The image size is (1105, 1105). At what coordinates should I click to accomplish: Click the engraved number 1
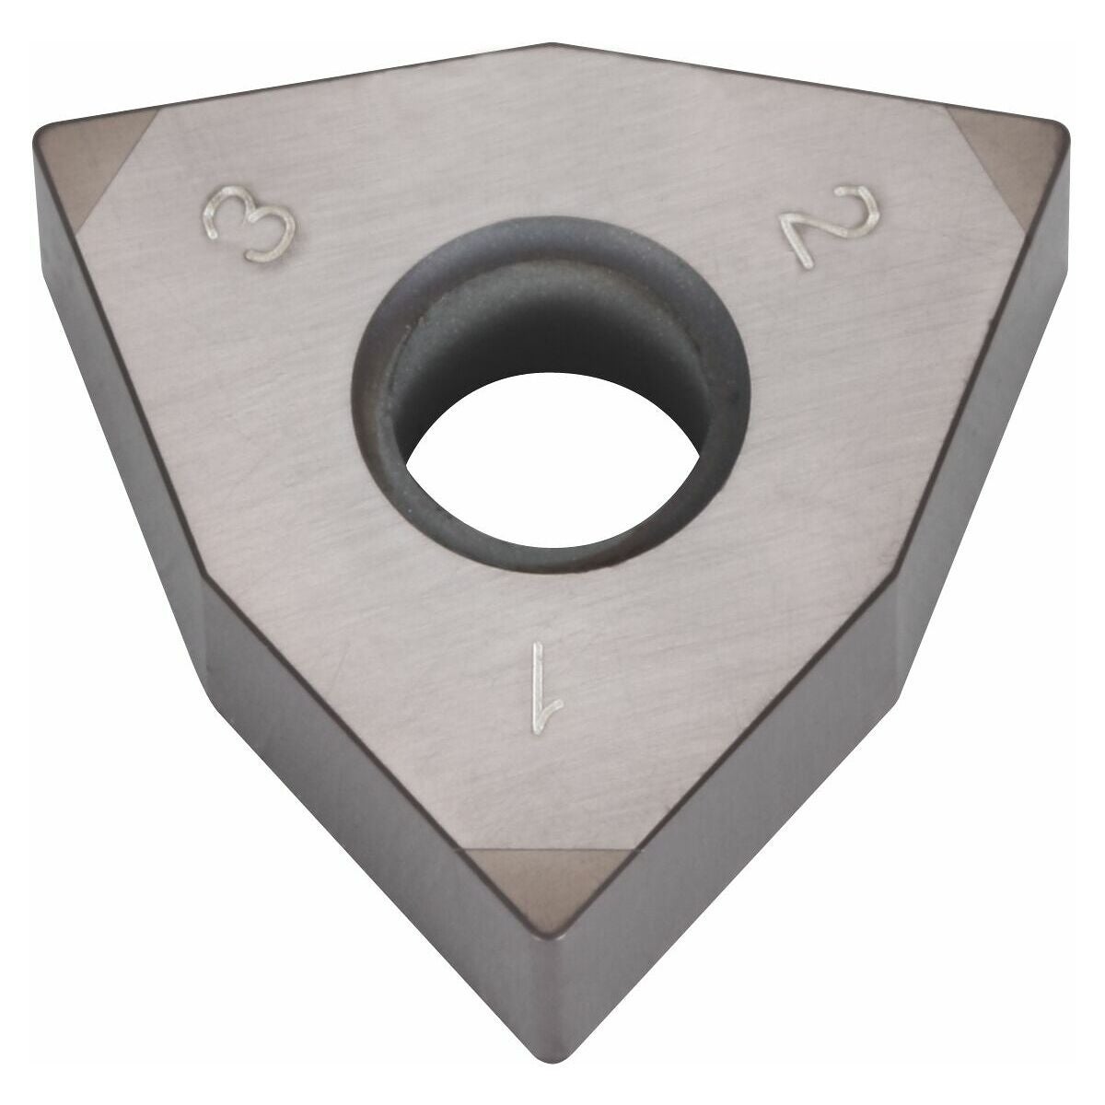pos(542,691)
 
